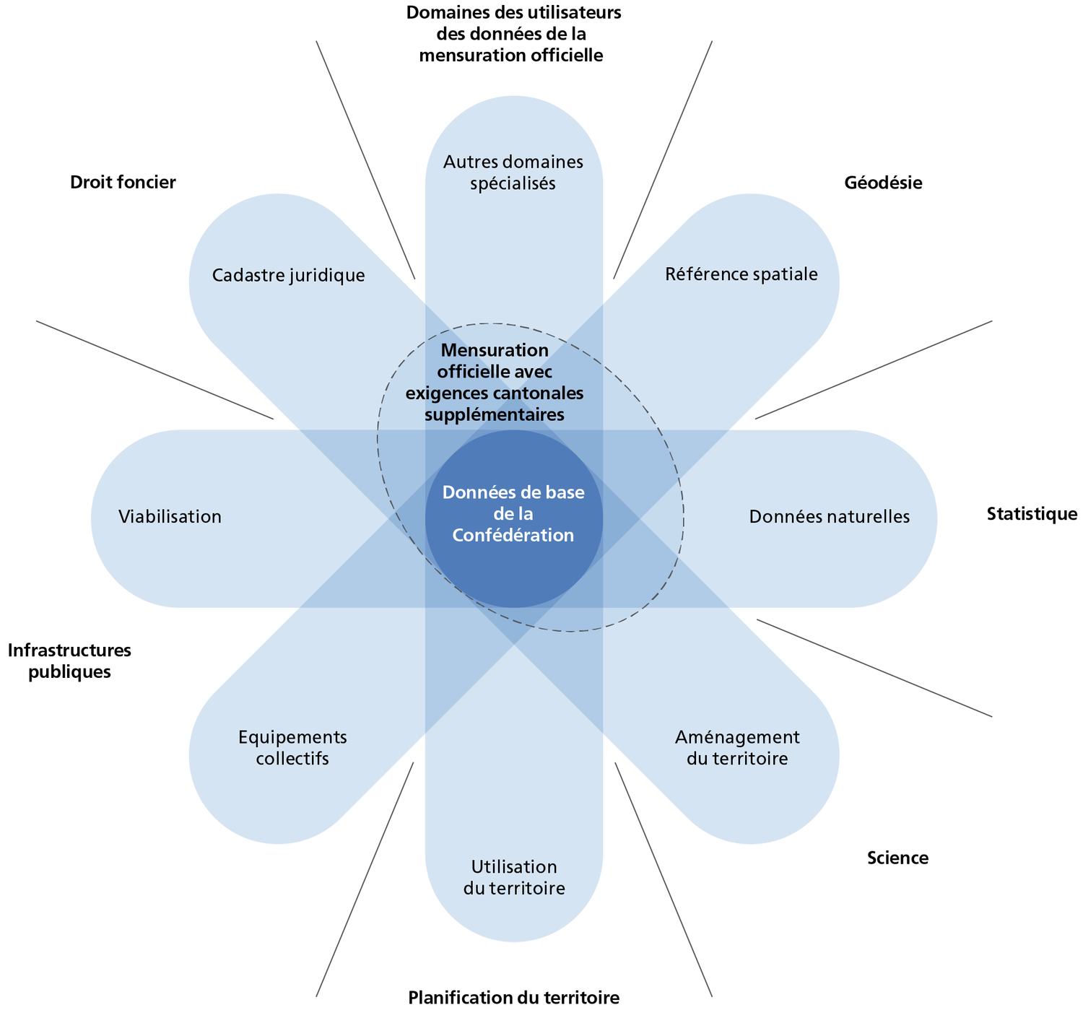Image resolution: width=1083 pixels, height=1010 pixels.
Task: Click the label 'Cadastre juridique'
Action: pos(289,275)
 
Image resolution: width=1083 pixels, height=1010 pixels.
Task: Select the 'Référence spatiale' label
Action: pos(741,274)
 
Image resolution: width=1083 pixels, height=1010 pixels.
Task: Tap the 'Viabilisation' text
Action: pos(170,516)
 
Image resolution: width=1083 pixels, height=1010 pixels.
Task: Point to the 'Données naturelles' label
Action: pos(829,516)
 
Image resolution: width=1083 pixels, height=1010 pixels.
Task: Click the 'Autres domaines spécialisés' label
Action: pos(513,172)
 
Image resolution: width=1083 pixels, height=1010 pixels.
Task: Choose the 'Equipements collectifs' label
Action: pos(292,748)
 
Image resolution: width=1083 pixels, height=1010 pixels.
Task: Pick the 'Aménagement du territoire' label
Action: pos(737,748)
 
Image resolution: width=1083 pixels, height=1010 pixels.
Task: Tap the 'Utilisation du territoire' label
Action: pos(514,877)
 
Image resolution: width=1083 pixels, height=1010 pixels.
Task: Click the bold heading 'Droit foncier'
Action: pos(123,182)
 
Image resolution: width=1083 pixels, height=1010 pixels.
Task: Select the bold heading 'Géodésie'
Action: pos(883,183)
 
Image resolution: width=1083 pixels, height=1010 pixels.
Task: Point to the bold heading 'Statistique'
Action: pos(1032,513)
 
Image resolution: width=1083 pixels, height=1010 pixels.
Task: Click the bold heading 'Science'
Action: pos(897,858)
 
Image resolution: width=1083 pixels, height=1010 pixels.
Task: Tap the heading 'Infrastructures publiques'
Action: pos(69,661)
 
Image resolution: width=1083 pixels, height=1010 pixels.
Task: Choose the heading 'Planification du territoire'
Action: pos(513,998)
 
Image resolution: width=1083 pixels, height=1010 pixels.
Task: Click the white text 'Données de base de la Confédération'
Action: pos(513,513)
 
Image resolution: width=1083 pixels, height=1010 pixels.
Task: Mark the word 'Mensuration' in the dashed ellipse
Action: pos(495,350)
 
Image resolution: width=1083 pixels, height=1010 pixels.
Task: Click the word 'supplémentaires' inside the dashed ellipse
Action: pos(495,415)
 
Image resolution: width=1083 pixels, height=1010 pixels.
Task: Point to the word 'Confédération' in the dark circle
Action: pos(513,535)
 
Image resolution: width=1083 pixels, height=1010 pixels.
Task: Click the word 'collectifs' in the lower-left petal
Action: pos(292,759)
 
